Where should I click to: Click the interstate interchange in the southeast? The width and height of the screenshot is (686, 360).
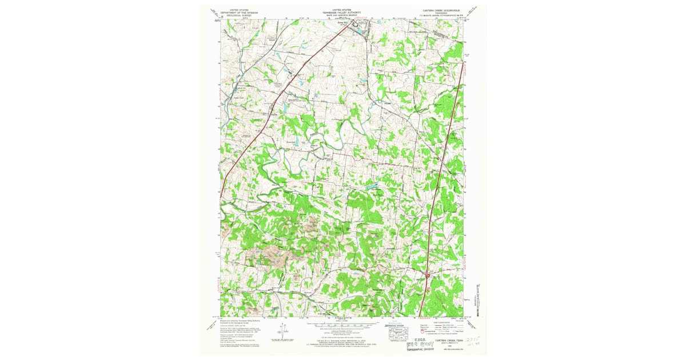[427, 277]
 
